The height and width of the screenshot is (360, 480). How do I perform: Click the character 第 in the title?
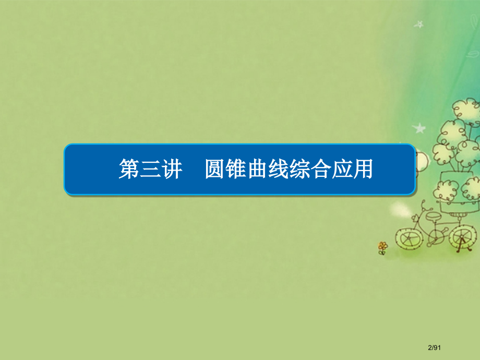coord(129,170)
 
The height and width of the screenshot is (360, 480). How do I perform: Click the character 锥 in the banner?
coord(236,170)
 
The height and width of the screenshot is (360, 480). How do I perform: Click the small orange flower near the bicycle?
coord(383,246)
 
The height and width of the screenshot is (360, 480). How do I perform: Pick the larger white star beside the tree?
coord(418,127)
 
